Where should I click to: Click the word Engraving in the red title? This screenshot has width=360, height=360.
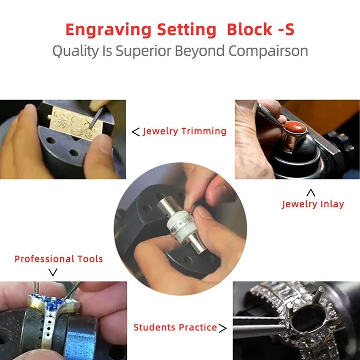point(108,30)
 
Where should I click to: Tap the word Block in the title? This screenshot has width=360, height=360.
point(250,29)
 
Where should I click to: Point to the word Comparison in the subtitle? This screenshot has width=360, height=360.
point(268,51)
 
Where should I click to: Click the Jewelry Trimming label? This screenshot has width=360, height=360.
point(184,131)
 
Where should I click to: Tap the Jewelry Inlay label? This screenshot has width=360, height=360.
point(313,204)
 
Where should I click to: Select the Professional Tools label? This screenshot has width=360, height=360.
point(58,259)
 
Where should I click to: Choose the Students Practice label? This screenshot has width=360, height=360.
point(175,328)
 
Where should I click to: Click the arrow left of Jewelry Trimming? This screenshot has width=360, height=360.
point(136,132)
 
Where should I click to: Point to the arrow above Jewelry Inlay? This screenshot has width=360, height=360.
point(311,193)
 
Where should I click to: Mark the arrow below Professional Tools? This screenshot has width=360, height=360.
point(53,272)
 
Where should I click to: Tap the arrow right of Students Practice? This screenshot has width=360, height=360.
point(222,328)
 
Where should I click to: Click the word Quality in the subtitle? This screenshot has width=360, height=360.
point(75,51)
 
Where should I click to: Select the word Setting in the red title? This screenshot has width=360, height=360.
point(187,30)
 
